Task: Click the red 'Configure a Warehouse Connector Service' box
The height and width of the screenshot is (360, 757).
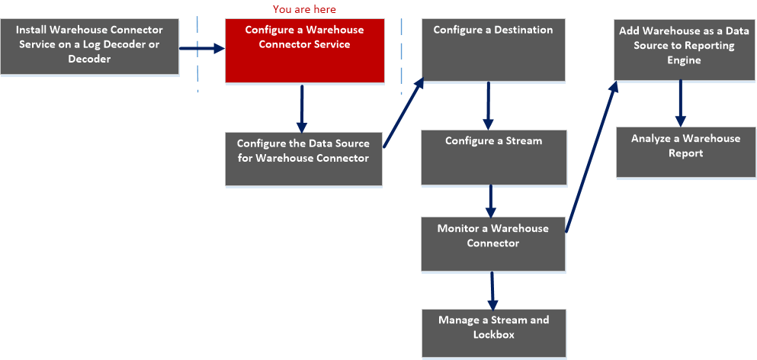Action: pos(304,50)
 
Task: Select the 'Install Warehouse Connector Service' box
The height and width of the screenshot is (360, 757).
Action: pos(89,47)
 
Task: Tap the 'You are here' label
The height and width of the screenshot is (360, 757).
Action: pos(304,9)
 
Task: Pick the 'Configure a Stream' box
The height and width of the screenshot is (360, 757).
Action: pos(493,157)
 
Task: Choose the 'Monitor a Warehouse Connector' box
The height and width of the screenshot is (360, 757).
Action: pos(493,243)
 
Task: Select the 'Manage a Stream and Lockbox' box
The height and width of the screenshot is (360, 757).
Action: pos(493,333)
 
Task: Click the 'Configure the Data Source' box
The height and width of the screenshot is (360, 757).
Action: pos(303,159)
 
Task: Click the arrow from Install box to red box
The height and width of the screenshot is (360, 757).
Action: pos(202,48)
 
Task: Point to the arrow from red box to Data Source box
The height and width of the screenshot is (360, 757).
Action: pos(302,108)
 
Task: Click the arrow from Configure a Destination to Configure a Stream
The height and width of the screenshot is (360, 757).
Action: pos(489,105)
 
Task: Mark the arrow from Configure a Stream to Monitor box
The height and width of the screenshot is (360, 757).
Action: pos(490,201)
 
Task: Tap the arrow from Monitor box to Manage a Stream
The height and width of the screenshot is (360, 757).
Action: pos(492,290)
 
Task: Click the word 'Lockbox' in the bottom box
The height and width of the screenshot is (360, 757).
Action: pos(493,334)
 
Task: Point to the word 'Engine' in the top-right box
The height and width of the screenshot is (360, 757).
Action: pos(684,60)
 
